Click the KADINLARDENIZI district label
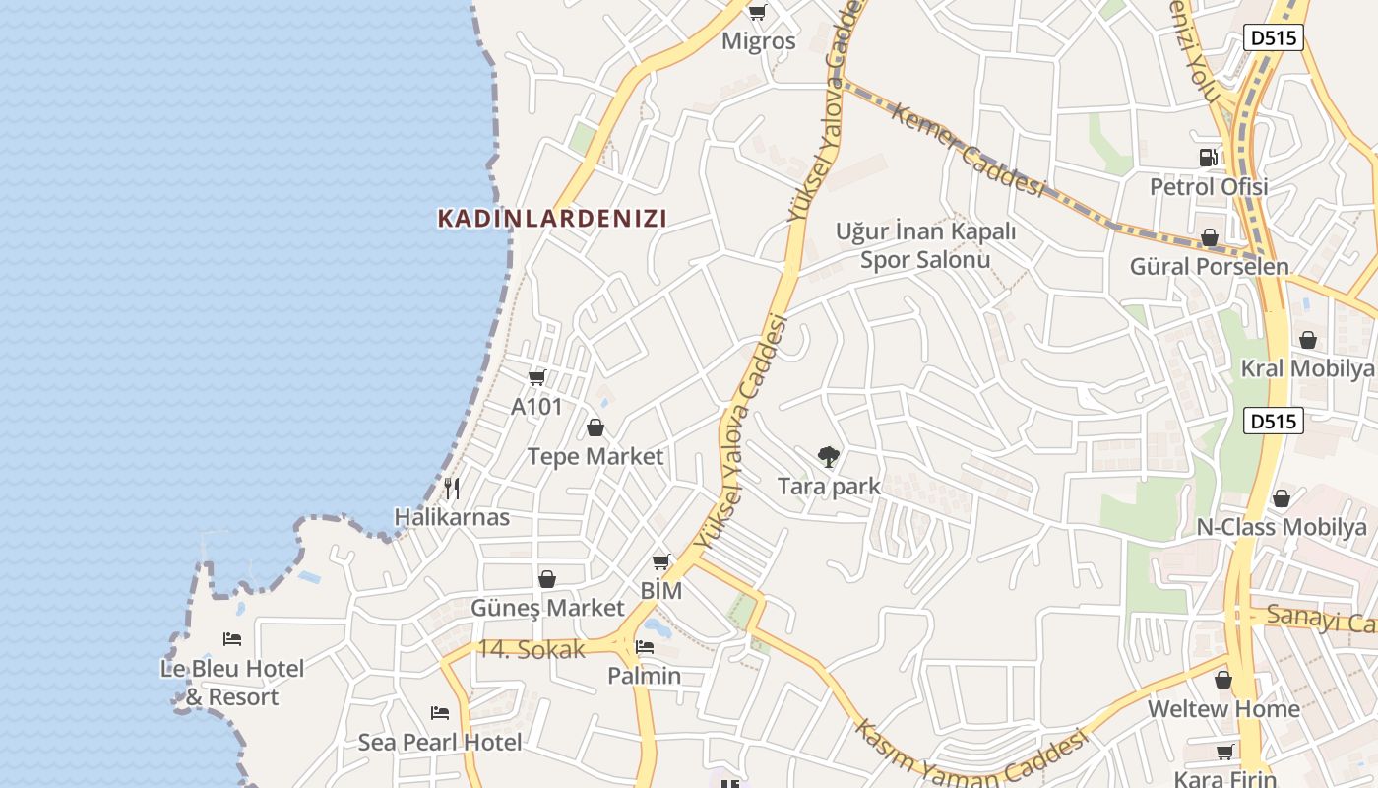[x=552, y=218]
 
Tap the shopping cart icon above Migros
[x=757, y=13]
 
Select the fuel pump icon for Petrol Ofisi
[x=1209, y=158]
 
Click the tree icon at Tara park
[x=829, y=456]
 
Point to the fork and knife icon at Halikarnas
[x=452, y=488]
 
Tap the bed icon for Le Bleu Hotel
[x=232, y=639]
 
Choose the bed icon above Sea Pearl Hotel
[x=440, y=712]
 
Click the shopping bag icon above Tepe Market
[x=595, y=427]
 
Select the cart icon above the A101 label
[x=536, y=377]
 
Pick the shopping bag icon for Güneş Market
[x=547, y=579]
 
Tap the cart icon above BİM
[x=661, y=562]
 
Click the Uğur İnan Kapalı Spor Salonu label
[x=925, y=245]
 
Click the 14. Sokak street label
[x=532, y=649]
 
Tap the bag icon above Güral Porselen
[x=1210, y=238]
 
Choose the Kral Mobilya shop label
[x=1307, y=368]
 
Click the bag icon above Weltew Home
[x=1223, y=680]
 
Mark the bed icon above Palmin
[x=645, y=647]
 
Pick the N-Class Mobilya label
[x=1282, y=527]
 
